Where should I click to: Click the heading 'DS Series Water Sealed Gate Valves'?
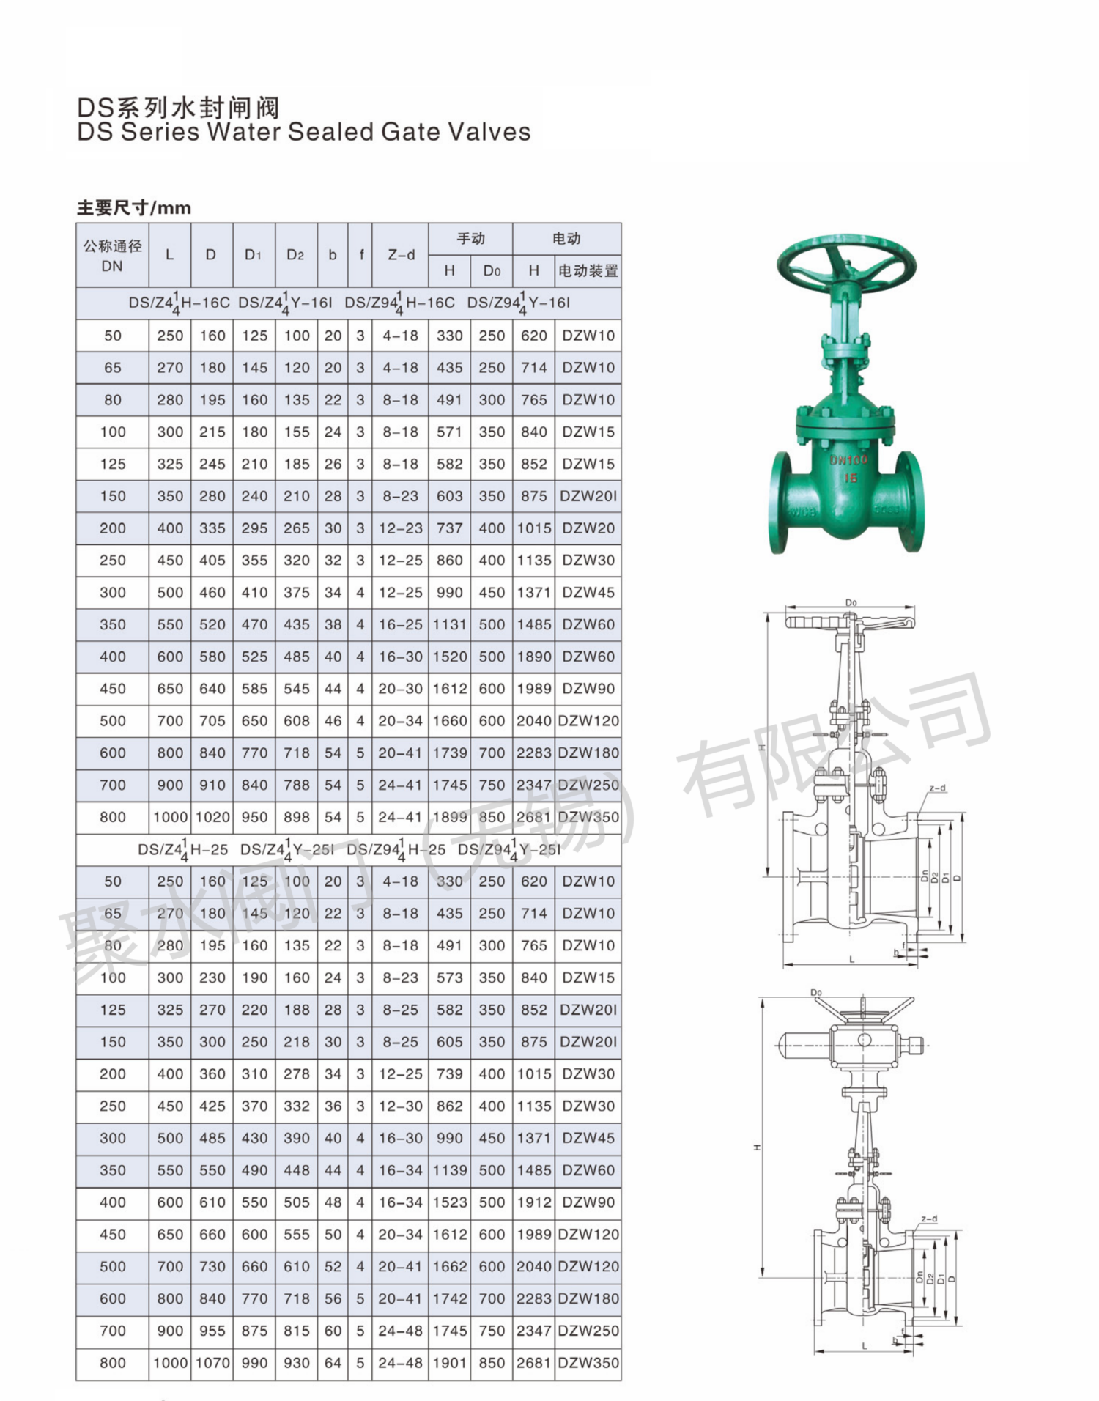[x=304, y=132]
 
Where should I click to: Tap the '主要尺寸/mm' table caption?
[x=134, y=208]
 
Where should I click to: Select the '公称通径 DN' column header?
[x=112, y=256]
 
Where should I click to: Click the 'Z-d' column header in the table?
[x=401, y=255]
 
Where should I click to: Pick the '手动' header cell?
[x=470, y=239]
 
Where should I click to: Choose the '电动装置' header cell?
[x=588, y=271]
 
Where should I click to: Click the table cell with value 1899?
[x=450, y=817]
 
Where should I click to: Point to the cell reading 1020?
[x=212, y=817]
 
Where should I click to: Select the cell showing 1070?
[x=212, y=1363]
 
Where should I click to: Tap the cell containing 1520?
[x=450, y=657]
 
